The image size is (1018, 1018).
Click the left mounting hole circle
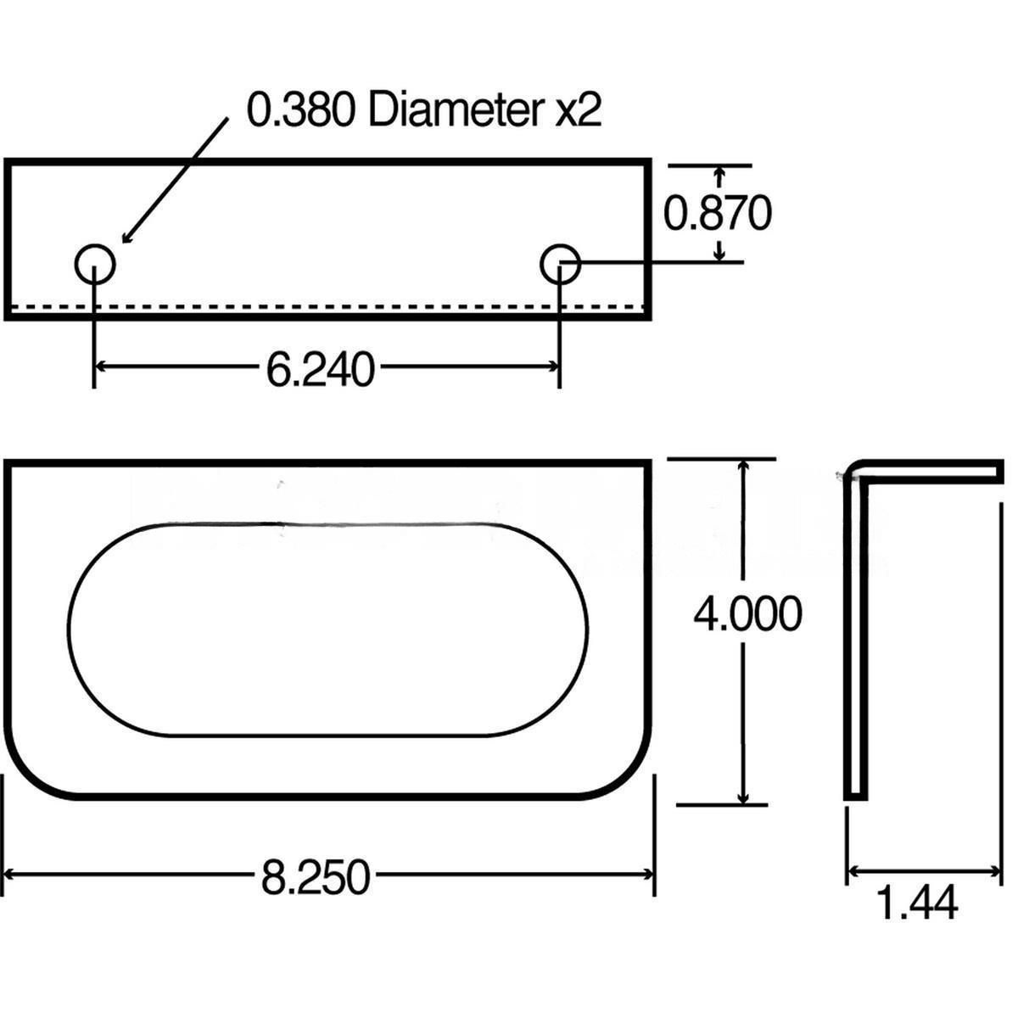[94, 265]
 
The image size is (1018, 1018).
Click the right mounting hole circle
[560, 265]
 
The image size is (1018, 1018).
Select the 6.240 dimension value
[320, 370]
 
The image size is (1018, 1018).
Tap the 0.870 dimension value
[717, 214]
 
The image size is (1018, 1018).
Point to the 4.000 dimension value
[747, 614]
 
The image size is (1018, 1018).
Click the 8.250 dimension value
[316, 877]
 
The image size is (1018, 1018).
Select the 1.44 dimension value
[916, 903]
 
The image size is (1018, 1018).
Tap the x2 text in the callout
[579, 110]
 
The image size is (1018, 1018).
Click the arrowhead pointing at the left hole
[127, 237]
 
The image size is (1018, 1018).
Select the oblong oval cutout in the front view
[327, 629]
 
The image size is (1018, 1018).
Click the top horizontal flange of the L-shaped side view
[933, 469]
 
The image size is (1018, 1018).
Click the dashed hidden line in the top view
[339, 306]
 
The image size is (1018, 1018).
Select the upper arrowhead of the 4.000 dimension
[744, 467]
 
